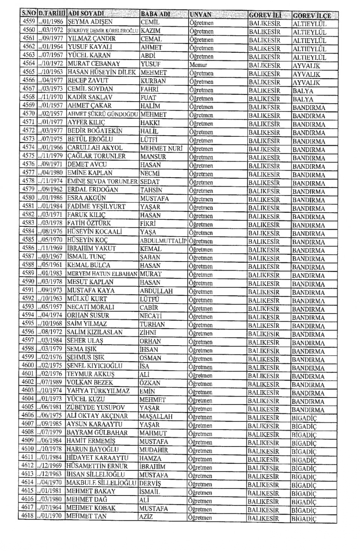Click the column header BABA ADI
point(155,14)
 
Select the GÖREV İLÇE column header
point(312,15)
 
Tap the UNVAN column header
point(201,15)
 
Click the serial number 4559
point(28,22)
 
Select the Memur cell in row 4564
point(198,64)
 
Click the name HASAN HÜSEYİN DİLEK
point(102,72)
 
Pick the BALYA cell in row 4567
point(303,91)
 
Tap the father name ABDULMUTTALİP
point(163,240)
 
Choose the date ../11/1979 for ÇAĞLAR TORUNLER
point(51,156)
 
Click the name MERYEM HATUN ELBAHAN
point(102,274)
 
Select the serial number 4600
point(28,365)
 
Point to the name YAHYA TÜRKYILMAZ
point(98,391)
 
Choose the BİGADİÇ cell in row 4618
point(304,519)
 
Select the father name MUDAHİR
point(153,450)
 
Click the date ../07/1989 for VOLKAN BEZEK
point(50,382)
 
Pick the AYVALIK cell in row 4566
point(306,82)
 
